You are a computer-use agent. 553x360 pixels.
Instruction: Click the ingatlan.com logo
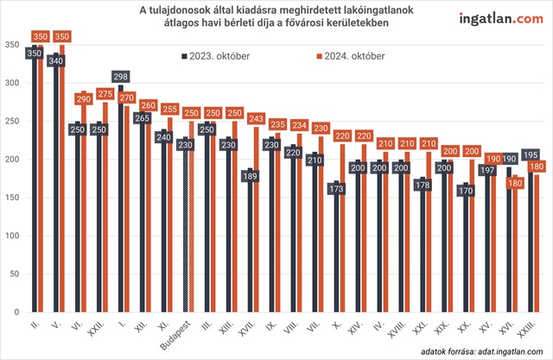point(495,18)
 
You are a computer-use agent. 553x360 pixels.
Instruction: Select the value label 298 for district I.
point(122,78)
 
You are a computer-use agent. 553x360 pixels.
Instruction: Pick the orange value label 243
point(256,119)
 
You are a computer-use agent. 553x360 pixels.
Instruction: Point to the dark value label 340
point(58,62)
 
